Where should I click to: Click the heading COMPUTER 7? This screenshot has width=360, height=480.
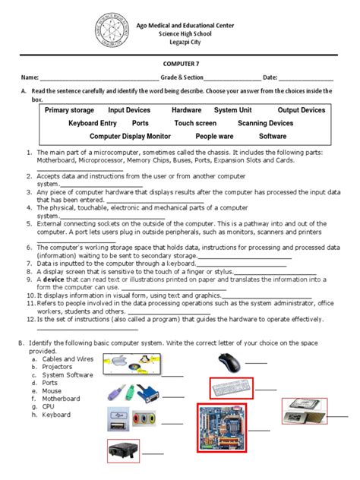[180, 65]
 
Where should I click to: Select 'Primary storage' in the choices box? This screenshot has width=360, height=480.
[69, 110]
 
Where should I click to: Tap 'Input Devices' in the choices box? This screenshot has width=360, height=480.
[131, 110]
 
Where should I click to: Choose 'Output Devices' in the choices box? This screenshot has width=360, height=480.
[301, 110]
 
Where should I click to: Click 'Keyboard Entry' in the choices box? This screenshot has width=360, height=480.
[93, 123]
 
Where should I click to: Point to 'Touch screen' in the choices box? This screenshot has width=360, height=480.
[195, 123]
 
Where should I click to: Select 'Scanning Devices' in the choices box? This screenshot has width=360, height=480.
[265, 123]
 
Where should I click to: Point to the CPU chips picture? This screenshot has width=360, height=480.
[305, 410]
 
